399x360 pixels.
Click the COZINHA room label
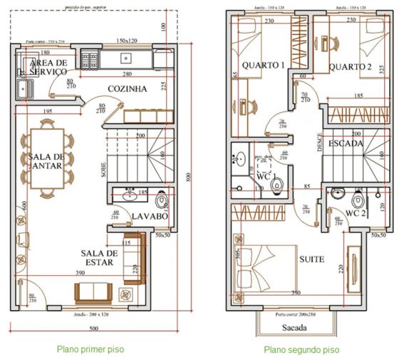128,89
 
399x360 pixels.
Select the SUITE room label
311,259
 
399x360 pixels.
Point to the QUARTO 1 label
263,66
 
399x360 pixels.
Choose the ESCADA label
347,143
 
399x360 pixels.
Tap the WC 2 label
355,213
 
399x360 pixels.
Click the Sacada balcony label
293,328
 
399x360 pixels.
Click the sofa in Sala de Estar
93,292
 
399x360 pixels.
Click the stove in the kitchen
91,56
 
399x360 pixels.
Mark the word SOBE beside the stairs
103,168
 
